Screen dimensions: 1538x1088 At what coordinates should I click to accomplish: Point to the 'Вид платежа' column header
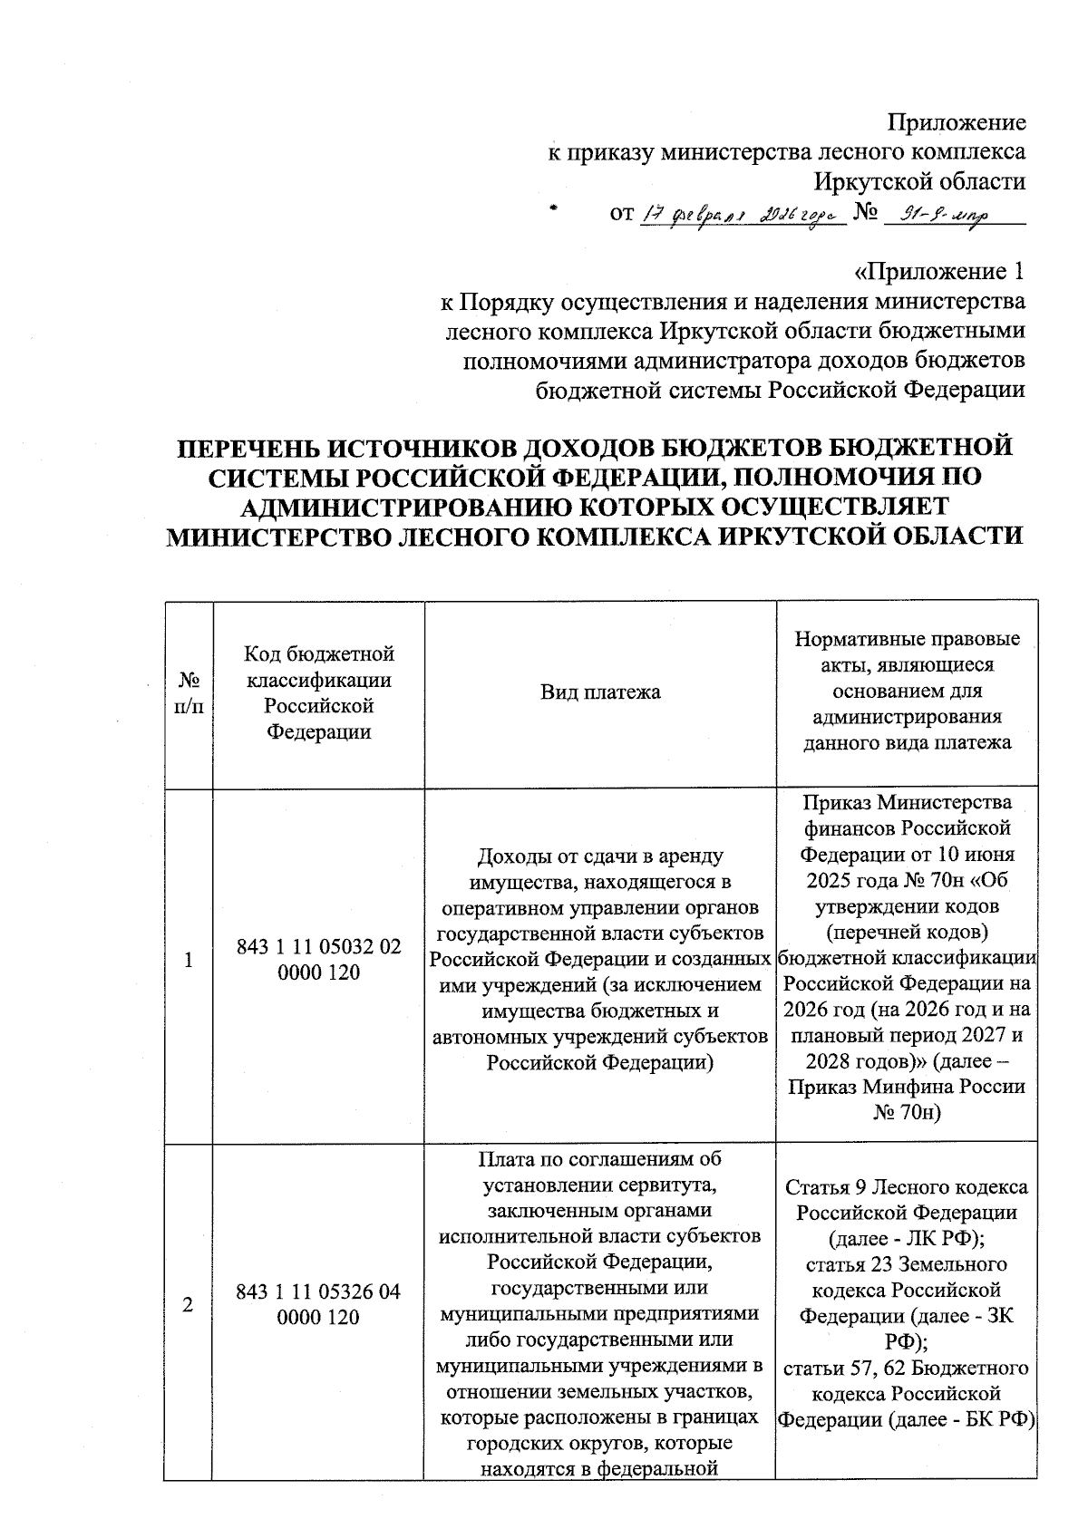tap(600, 692)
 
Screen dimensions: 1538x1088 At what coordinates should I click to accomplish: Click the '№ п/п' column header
tap(189, 692)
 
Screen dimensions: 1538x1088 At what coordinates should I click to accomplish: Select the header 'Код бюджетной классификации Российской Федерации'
tap(319, 692)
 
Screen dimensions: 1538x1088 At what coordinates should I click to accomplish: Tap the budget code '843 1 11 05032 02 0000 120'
tap(319, 959)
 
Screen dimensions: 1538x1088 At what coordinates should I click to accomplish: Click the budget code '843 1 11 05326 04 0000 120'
tap(319, 1304)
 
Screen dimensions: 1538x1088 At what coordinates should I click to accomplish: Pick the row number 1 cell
tap(189, 960)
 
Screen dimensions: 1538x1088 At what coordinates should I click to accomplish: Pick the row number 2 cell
tap(189, 1305)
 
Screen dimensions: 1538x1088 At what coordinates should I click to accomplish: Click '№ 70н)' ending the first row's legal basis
tap(907, 1112)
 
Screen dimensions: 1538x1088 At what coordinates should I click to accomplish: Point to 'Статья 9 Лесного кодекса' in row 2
tap(907, 1187)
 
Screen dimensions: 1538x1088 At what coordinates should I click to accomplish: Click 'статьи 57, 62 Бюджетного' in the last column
tap(907, 1367)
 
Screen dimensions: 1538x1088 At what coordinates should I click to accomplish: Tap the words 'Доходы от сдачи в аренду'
tap(600, 856)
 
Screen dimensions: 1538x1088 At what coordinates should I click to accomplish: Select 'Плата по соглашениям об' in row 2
tap(600, 1159)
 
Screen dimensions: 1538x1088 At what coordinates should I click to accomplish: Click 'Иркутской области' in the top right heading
tap(919, 181)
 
